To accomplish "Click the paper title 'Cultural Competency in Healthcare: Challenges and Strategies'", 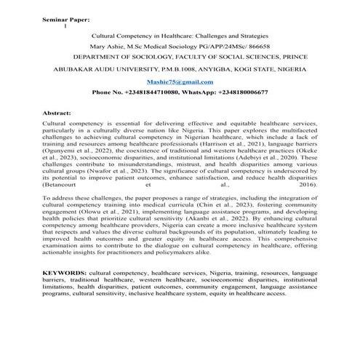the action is (180, 35).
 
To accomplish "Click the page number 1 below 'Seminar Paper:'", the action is (65, 25).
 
